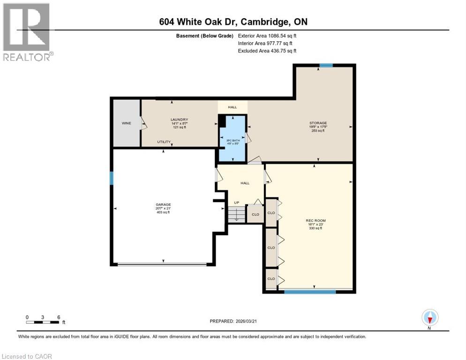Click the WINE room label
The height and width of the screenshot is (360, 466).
click(x=126, y=123)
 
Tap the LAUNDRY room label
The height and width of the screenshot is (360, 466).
click(x=179, y=120)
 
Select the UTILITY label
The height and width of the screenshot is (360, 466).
click(x=163, y=142)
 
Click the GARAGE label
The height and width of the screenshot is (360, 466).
click(x=163, y=204)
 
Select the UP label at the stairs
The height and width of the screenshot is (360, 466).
click(x=237, y=203)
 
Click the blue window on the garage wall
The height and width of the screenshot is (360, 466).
click(x=112, y=178)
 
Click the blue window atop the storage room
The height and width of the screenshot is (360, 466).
click(x=326, y=65)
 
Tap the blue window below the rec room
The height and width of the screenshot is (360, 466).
click(x=310, y=292)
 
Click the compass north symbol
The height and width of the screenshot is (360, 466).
click(x=430, y=318)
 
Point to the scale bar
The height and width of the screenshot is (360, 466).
click(x=43, y=322)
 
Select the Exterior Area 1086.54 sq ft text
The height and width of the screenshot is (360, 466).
click(x=267, y=36)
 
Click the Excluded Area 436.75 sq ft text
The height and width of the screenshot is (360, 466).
click(x=267, y=51)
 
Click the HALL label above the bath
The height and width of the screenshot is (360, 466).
click(x=233, y=107)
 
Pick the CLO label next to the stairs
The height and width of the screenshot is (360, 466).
click(x=256, y=214)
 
